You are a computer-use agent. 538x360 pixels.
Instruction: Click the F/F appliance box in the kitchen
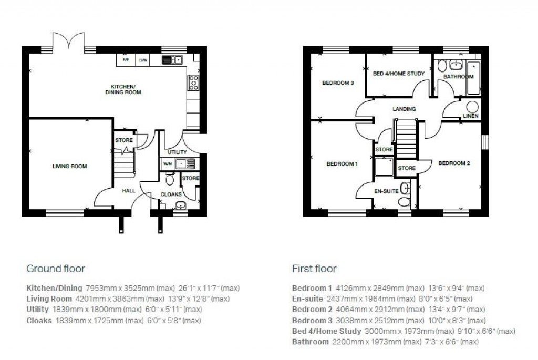(x=126, y=60)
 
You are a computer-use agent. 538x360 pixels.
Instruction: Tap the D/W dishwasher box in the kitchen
(x=143, y=60)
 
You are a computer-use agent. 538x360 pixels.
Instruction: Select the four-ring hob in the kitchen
(x=193, y=81)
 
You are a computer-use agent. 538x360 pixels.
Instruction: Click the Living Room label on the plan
(x=69, y=167)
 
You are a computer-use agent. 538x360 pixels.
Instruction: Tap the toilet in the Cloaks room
(x=169, y=180)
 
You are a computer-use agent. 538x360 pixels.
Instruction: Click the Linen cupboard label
(x=471, y=116)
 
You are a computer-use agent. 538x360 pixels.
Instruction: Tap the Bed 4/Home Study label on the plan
(x=399, y=74)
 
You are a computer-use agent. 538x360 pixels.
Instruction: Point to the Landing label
(x=404, y=109)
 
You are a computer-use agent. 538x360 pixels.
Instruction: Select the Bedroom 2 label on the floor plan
(x=454, y=163)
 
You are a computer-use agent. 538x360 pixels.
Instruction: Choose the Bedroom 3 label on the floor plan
(x=338, y=83)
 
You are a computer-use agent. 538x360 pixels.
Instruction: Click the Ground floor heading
(x=56, y=269)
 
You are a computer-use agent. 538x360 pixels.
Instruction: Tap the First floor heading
(x=314, y=269)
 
